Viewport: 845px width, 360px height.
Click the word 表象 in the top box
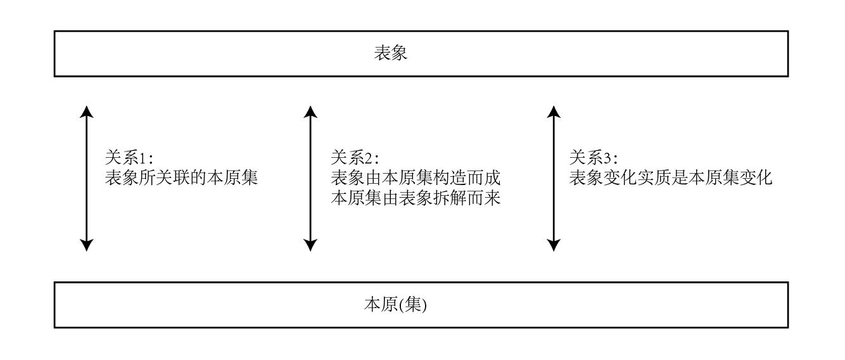pyautogui.click(x=391, y=53)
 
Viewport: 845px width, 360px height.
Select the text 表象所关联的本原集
pyautogui.click(x=181, y=178)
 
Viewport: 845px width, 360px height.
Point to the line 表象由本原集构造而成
pyautogui.click(x=416, y=178)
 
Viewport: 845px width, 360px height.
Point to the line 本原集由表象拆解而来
pyautogui.click(x=416, y=198)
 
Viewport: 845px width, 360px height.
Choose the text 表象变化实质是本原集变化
pyautogui.click(x=670, y=178)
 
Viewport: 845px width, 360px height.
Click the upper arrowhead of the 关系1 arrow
pyautogui.click(x=87, y=112)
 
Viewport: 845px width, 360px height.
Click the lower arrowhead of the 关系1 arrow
pyautogui.click(x=87, y=245)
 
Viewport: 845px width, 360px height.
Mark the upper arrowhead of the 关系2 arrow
pyautogui.click(x=310, y=112)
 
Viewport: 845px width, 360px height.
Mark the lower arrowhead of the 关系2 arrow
pyautogui.click(x=310, y=245)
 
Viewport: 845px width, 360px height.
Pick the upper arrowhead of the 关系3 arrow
pyautogui.click(x=554, y=112)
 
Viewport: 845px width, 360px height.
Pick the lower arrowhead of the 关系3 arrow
pyautogui.click(x=554, y=245)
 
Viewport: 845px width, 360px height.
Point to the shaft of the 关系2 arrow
pyautogui.click(x=310, y=178)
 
